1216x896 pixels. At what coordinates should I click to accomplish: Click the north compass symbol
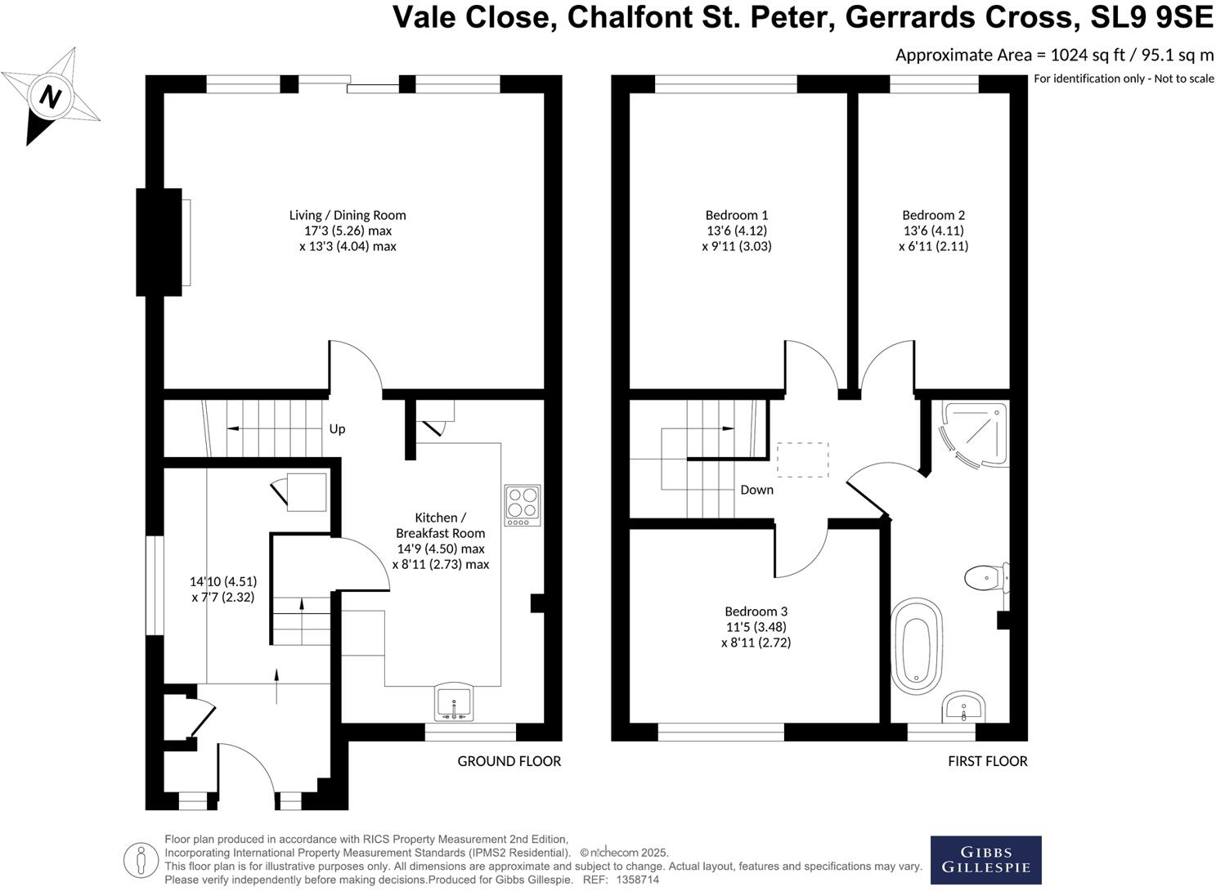pyautogui.click(x=51, y=96)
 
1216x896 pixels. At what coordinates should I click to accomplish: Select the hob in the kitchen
pyautogui.click(x=523, y=505)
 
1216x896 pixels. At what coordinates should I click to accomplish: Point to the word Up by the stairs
pyautogui.click(x=337, y=429)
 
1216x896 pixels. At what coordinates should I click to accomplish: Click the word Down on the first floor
pyautogui.click(x=756, y=490)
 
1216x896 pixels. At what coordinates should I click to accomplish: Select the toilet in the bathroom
pyautogui.click(x=984, y=579)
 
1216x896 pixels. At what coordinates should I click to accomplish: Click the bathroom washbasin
pyautogui.click(x=965, y=707)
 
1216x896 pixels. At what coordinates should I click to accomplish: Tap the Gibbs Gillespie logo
pyautogui.click(x=985, y=859)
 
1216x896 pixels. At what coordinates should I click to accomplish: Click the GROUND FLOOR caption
pyautogui.click(x=509, y=761)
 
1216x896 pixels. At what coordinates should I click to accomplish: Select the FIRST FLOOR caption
pyautogui.click(x=987, y=761)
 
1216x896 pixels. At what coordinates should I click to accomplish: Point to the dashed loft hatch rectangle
pyautogui.click(x=802, y=459)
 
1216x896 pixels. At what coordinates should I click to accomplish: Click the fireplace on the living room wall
pyautogui.click(x=160, y=242)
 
